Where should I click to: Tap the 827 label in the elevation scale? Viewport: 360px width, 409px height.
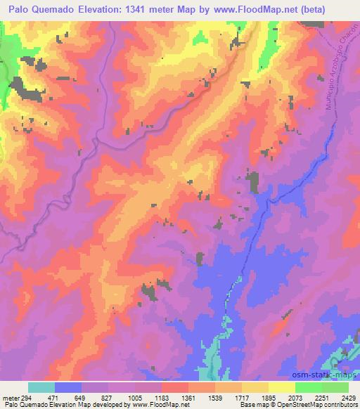(x=107, y=397)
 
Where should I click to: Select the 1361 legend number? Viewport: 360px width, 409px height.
(x=188, y=397)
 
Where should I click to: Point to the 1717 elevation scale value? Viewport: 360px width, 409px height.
(x=241, y=397)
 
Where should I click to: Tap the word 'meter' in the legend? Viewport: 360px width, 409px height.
(x=7, y=397)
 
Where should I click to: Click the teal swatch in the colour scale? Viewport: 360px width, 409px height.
(x=41, y=387)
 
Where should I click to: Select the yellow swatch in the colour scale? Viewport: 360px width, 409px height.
(x=281, y=387)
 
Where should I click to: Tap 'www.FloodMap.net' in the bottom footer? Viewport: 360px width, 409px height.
(x=154, y=405)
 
